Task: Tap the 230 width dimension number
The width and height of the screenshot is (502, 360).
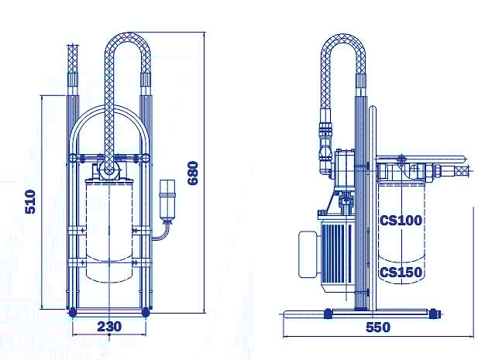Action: click(109, 327)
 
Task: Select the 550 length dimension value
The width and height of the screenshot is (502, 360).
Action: click(377, 327)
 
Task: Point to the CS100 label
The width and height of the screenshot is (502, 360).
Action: click(401, 220)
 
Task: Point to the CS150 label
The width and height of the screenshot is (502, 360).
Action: click(401, 272)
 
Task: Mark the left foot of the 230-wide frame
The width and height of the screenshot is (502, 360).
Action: click(72, 312)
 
